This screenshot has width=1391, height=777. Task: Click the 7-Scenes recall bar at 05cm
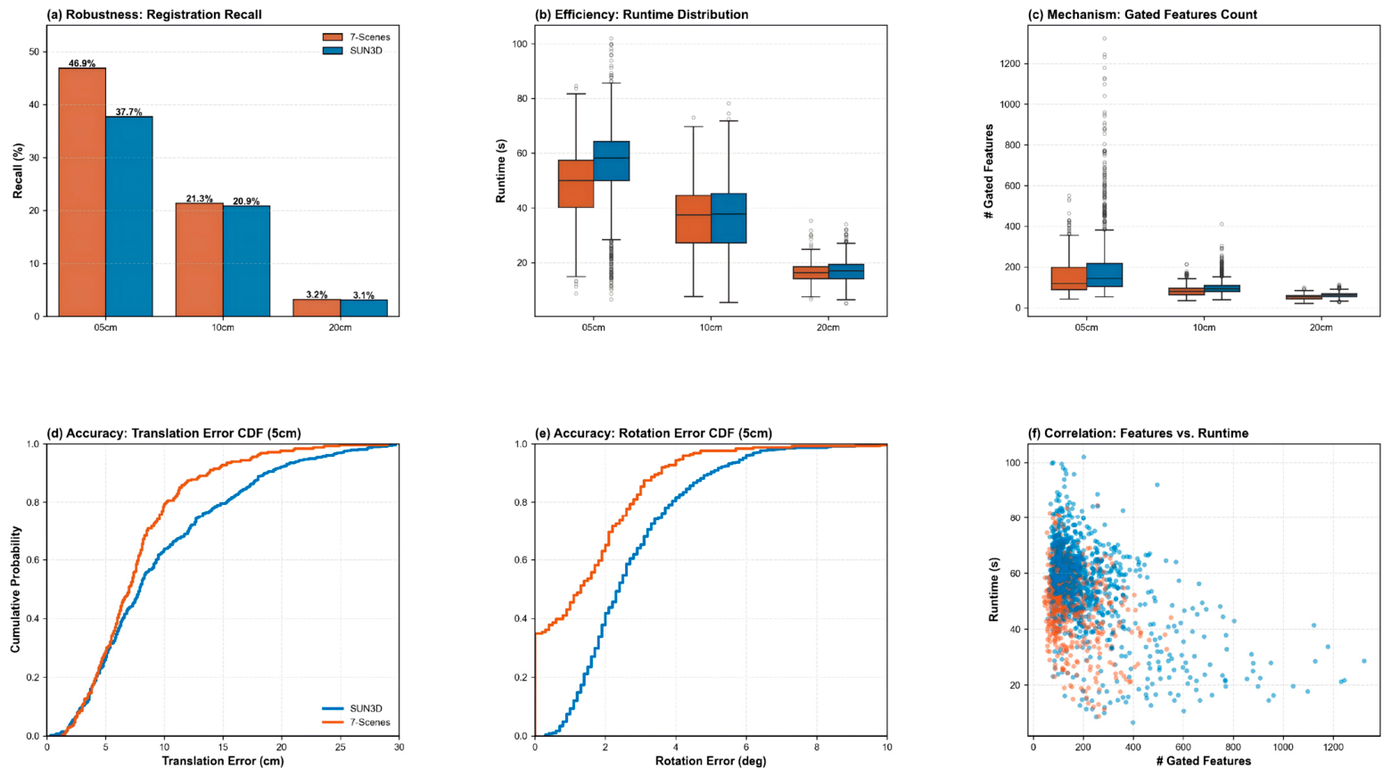82,192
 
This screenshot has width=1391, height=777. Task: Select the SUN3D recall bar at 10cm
246,260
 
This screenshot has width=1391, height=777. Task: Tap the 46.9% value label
82,63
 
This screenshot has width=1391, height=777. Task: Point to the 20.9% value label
246,202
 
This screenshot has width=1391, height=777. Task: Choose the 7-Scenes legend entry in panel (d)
357,723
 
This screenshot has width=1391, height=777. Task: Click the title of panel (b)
641,15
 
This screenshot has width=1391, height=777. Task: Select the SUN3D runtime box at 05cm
612,161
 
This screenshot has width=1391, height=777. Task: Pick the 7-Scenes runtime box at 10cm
694,219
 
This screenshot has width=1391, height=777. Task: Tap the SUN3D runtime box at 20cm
846,271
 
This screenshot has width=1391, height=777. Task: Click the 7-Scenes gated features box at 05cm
1069,278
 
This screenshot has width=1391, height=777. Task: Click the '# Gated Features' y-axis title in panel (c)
990,171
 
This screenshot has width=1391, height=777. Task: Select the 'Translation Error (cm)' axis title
223,761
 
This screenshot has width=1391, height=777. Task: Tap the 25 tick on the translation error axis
341,747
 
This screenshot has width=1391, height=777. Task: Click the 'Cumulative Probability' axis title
15,590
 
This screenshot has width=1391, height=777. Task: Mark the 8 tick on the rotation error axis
817,747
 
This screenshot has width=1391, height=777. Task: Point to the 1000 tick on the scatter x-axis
1283,747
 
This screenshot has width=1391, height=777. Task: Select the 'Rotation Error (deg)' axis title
711,761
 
